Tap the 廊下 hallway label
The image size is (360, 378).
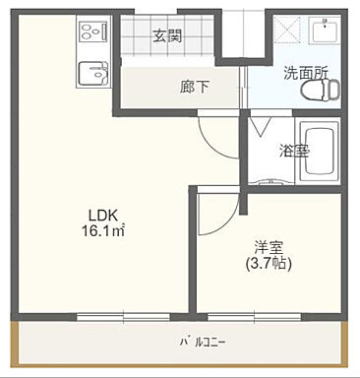pos(167,87)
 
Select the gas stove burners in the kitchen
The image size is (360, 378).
pos(91,32)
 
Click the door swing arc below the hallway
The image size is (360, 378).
pos(218,133)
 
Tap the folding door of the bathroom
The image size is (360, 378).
pos(262,125)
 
